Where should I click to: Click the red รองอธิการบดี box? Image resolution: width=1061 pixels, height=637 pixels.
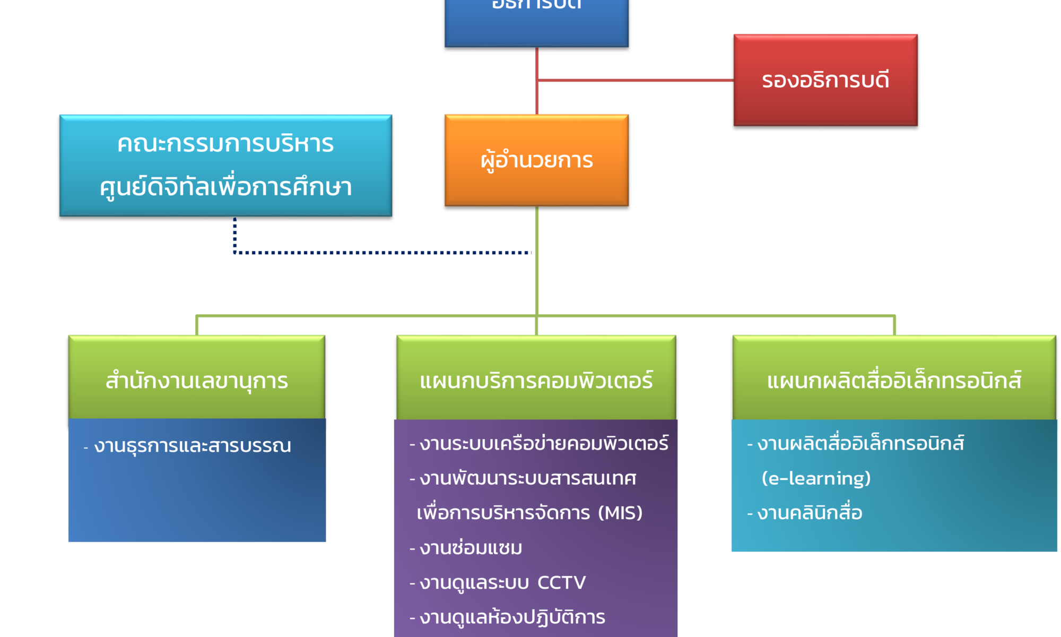click(825, 80)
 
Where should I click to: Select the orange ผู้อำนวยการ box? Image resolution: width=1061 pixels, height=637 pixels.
click(536, 160)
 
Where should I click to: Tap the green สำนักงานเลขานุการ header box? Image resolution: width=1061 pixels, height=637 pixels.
click(196, 380)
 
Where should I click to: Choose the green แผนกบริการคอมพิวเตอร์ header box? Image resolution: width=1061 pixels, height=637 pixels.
click(536, 380)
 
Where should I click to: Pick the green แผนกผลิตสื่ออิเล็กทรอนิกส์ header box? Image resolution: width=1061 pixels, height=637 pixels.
click(894, 380)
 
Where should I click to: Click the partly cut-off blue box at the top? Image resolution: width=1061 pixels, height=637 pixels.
click(536, 21)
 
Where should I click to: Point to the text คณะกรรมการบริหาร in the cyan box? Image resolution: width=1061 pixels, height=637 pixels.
click(225, 144)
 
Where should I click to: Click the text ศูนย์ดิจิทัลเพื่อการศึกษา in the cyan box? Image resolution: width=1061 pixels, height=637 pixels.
click(225, 187)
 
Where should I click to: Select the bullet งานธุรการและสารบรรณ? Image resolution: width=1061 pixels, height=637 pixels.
click(192, 445)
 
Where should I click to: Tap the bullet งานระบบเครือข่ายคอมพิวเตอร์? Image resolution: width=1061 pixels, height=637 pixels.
click(543, 443)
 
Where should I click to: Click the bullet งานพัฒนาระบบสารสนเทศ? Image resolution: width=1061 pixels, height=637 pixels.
click(527, 478)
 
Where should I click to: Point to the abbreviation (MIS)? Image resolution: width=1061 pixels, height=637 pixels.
click(620, 513)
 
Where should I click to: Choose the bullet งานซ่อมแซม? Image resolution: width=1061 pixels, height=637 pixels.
click(471, 548)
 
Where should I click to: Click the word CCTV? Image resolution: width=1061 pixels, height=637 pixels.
click(561, 582)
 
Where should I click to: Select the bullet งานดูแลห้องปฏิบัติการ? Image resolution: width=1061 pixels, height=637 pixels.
click(512, 617)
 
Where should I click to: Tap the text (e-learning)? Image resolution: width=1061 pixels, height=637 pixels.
click(816, 478)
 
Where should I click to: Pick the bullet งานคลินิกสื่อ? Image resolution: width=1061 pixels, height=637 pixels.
click(810, 513)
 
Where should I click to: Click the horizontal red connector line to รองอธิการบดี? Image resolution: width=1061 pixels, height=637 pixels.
click(637, 81)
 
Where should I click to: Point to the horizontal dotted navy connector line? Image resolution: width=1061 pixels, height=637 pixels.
click(382, 253)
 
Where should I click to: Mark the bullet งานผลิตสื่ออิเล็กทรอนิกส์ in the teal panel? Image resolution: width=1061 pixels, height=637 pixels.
click(860, 443)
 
